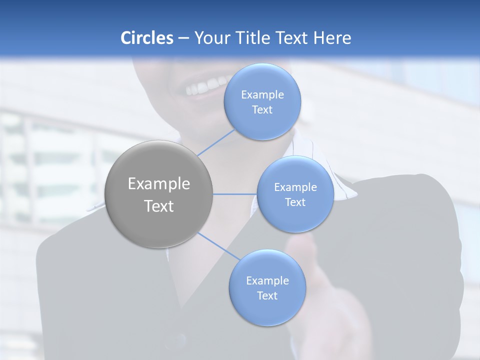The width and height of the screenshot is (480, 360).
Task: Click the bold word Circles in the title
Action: point(146,38)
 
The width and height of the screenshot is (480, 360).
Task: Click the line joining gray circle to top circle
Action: point(216,142)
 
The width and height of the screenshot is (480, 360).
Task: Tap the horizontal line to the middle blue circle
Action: point(235,194)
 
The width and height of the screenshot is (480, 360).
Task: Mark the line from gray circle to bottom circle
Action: point(218,246)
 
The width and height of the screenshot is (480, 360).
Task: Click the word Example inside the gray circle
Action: point(159,184)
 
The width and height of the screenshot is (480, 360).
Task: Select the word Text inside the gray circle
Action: point(159,206)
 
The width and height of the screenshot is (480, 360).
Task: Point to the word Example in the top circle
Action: point(262,95)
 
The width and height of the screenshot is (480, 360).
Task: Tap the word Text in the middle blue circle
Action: point(295,202)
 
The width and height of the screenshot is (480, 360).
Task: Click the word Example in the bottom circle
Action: point(267,281)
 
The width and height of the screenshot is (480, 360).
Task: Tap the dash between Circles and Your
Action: point(183,38)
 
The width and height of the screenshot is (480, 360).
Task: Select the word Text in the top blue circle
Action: point(262,110)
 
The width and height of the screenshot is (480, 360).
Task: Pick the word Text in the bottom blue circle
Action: point(267,296)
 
